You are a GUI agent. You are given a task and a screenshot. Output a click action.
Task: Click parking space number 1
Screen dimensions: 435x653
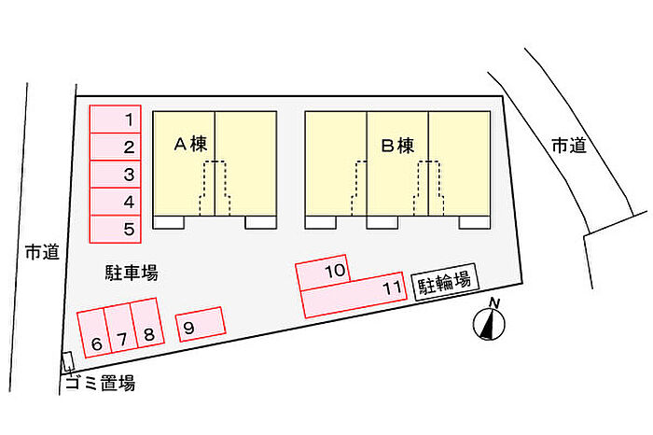point(115,119)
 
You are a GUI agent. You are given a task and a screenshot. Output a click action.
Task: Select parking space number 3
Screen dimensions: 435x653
point(115,175)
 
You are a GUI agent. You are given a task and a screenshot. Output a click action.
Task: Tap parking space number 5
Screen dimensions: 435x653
point(115,228)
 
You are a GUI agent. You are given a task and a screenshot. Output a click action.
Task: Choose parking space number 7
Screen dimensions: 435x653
point(119,327)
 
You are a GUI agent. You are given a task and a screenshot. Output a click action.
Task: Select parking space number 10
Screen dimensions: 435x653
point(323,271)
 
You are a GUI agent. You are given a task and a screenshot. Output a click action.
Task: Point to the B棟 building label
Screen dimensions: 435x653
point(396,146)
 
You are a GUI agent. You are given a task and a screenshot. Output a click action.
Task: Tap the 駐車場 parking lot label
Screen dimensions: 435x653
point(131,273)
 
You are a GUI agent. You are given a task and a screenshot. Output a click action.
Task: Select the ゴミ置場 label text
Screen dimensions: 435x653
point(101,383)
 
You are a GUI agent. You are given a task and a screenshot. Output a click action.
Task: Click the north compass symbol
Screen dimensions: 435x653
point(490,321)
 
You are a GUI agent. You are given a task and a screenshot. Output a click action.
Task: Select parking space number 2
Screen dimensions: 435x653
point(115,147)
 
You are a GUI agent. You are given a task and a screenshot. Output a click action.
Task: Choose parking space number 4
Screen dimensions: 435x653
point(115,201)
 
